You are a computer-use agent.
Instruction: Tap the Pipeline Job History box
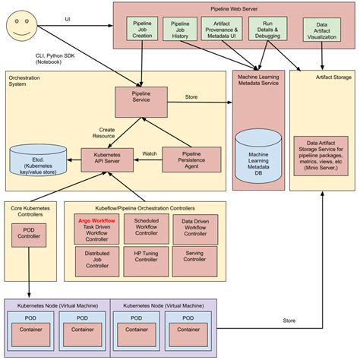coord(180,33)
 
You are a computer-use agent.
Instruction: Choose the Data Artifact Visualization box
coord(321,33)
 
